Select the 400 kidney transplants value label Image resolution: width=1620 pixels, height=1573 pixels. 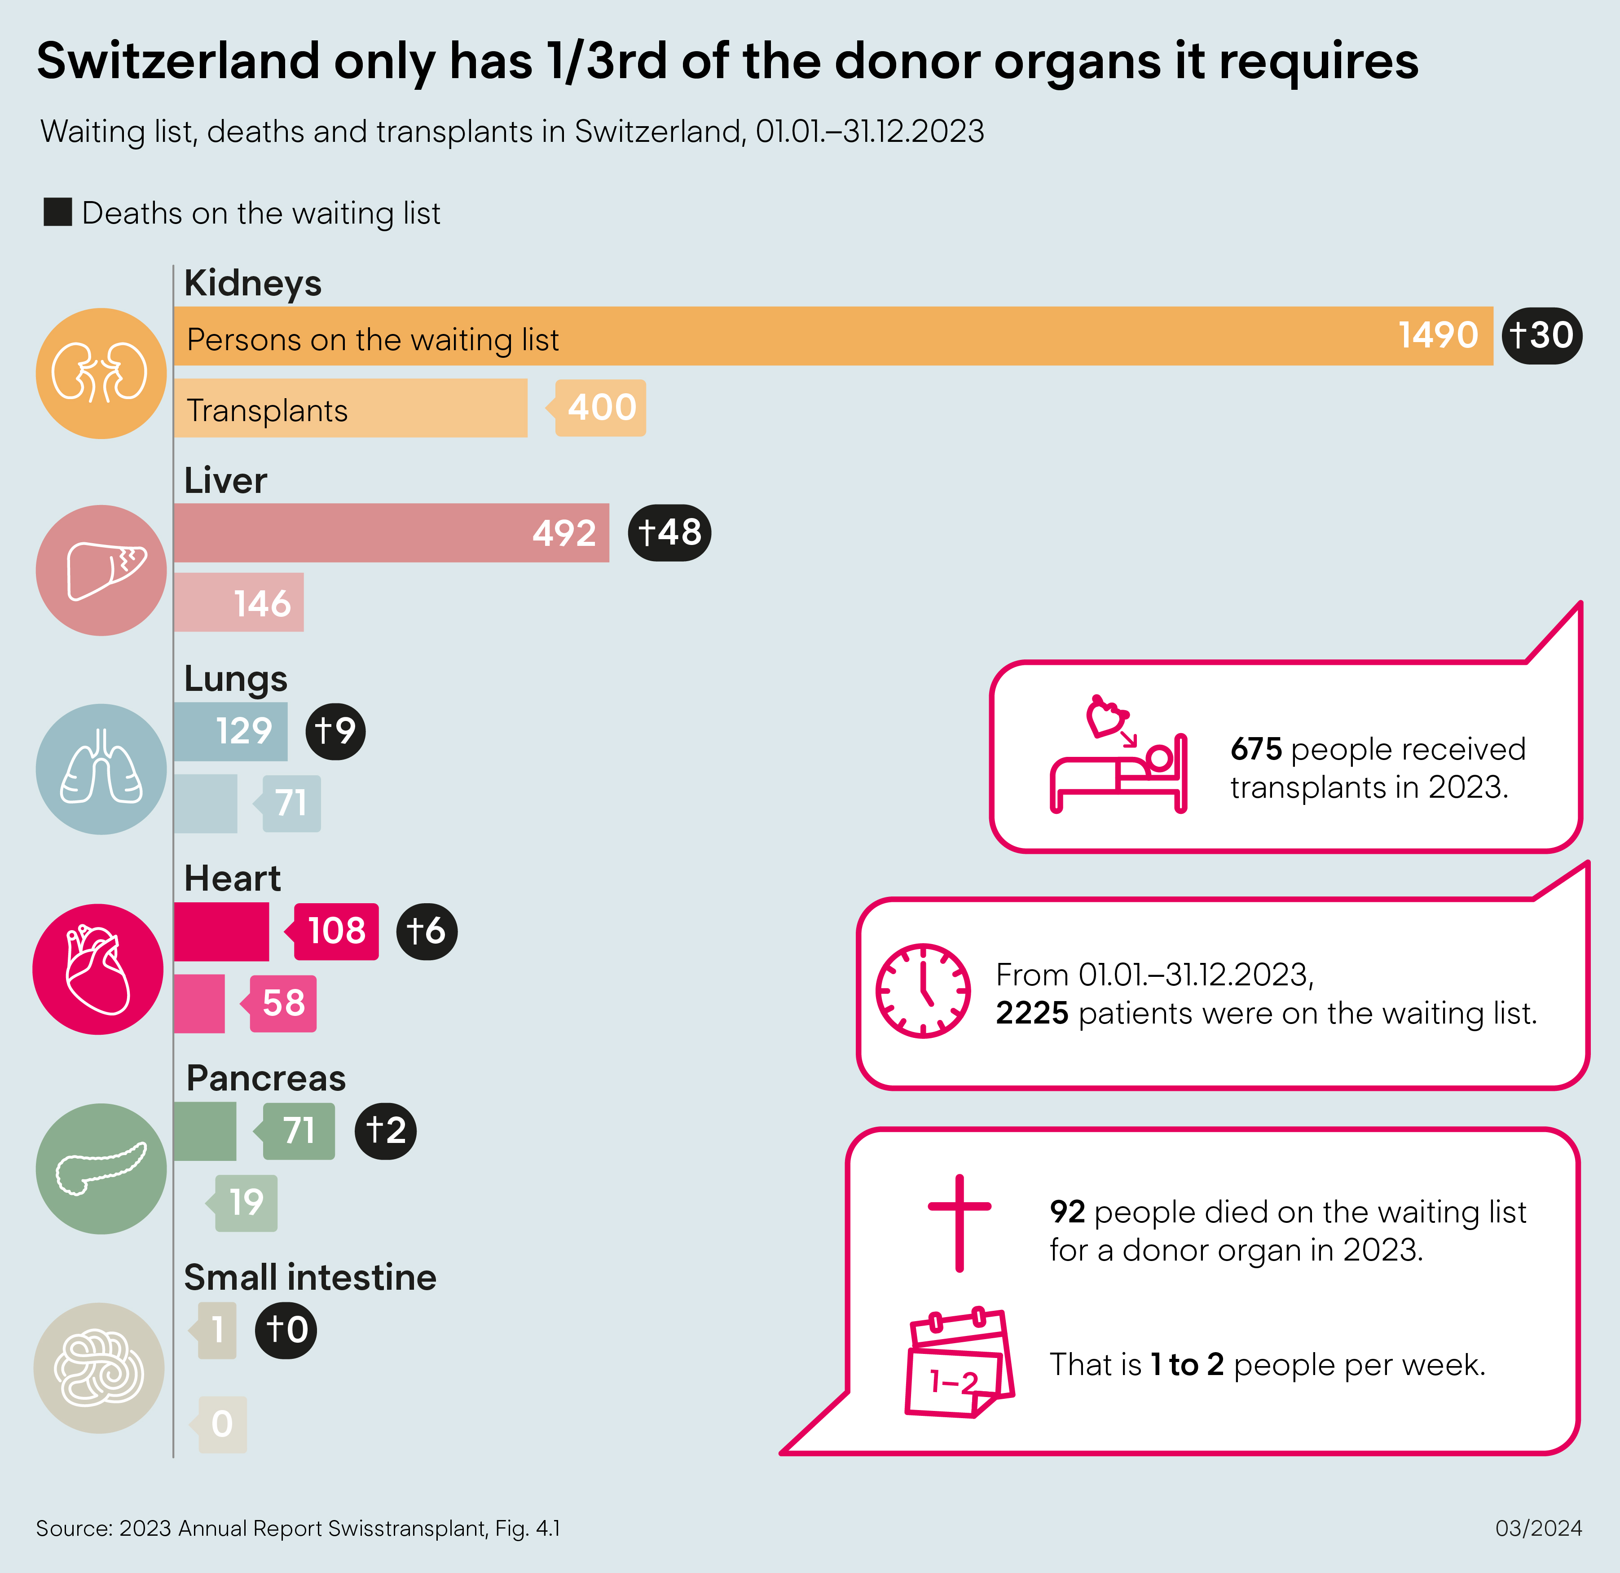pyautogui.click(x=601, y=407)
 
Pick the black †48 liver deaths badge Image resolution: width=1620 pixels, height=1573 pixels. pyautogui.click(x=669, y=533)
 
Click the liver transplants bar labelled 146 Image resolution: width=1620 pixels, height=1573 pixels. pyautogui.click(x=239, y=602)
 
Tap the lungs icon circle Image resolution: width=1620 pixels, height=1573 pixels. pyautogui.click(x=101, y=769)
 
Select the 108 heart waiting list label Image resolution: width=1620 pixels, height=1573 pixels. pyautogui.click(x=336, y=931)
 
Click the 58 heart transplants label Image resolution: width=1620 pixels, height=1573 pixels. pyautogui.click(x=283, y=1003)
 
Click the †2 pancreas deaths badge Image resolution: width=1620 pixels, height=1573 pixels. pyautogui.click(x=385, y=1131)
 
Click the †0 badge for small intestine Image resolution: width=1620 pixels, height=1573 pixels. pyautogui.click(x=286, y=1330)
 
